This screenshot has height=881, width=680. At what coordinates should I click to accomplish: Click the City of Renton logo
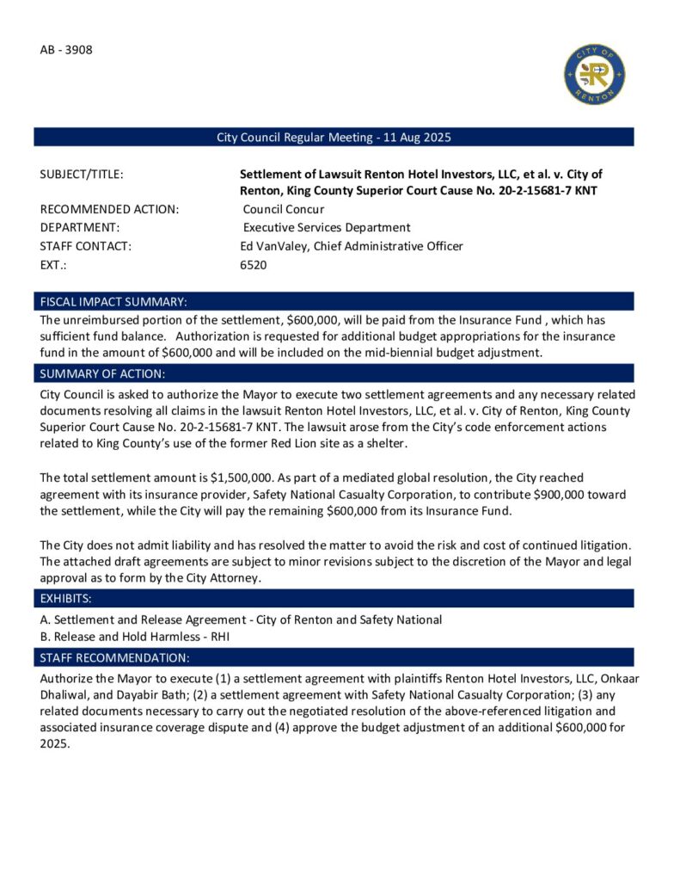(x=594, y=75)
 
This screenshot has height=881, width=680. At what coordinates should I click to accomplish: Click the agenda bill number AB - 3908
(x=66, y=49)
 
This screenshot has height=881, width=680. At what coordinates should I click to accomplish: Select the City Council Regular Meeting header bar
(x=334, y=138)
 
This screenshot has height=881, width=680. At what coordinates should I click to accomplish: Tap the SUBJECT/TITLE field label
(x=82, y=175)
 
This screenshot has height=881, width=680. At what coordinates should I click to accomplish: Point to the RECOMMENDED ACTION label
(x=109, y=209)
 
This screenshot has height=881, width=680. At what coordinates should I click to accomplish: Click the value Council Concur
(x=284, y=209)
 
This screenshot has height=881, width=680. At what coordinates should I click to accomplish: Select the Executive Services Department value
(x=327, y=227)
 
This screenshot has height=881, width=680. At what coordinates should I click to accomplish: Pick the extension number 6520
(x=254, y=265)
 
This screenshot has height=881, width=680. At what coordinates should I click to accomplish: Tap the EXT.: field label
(x=53, y=265)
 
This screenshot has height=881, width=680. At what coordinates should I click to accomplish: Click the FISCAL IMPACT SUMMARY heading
(x=113, y=302)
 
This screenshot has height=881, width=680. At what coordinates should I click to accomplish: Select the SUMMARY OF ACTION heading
(x=103, y=373)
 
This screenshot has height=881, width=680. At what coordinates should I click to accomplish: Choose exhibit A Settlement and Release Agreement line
(x=241, y=619)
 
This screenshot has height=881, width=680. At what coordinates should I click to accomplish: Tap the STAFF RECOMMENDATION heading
(x=114, y=658)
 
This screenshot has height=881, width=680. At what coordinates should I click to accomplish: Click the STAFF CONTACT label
(x=85, y=246)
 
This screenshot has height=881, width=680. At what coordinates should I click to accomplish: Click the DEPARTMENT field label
(x=80, y=227)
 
